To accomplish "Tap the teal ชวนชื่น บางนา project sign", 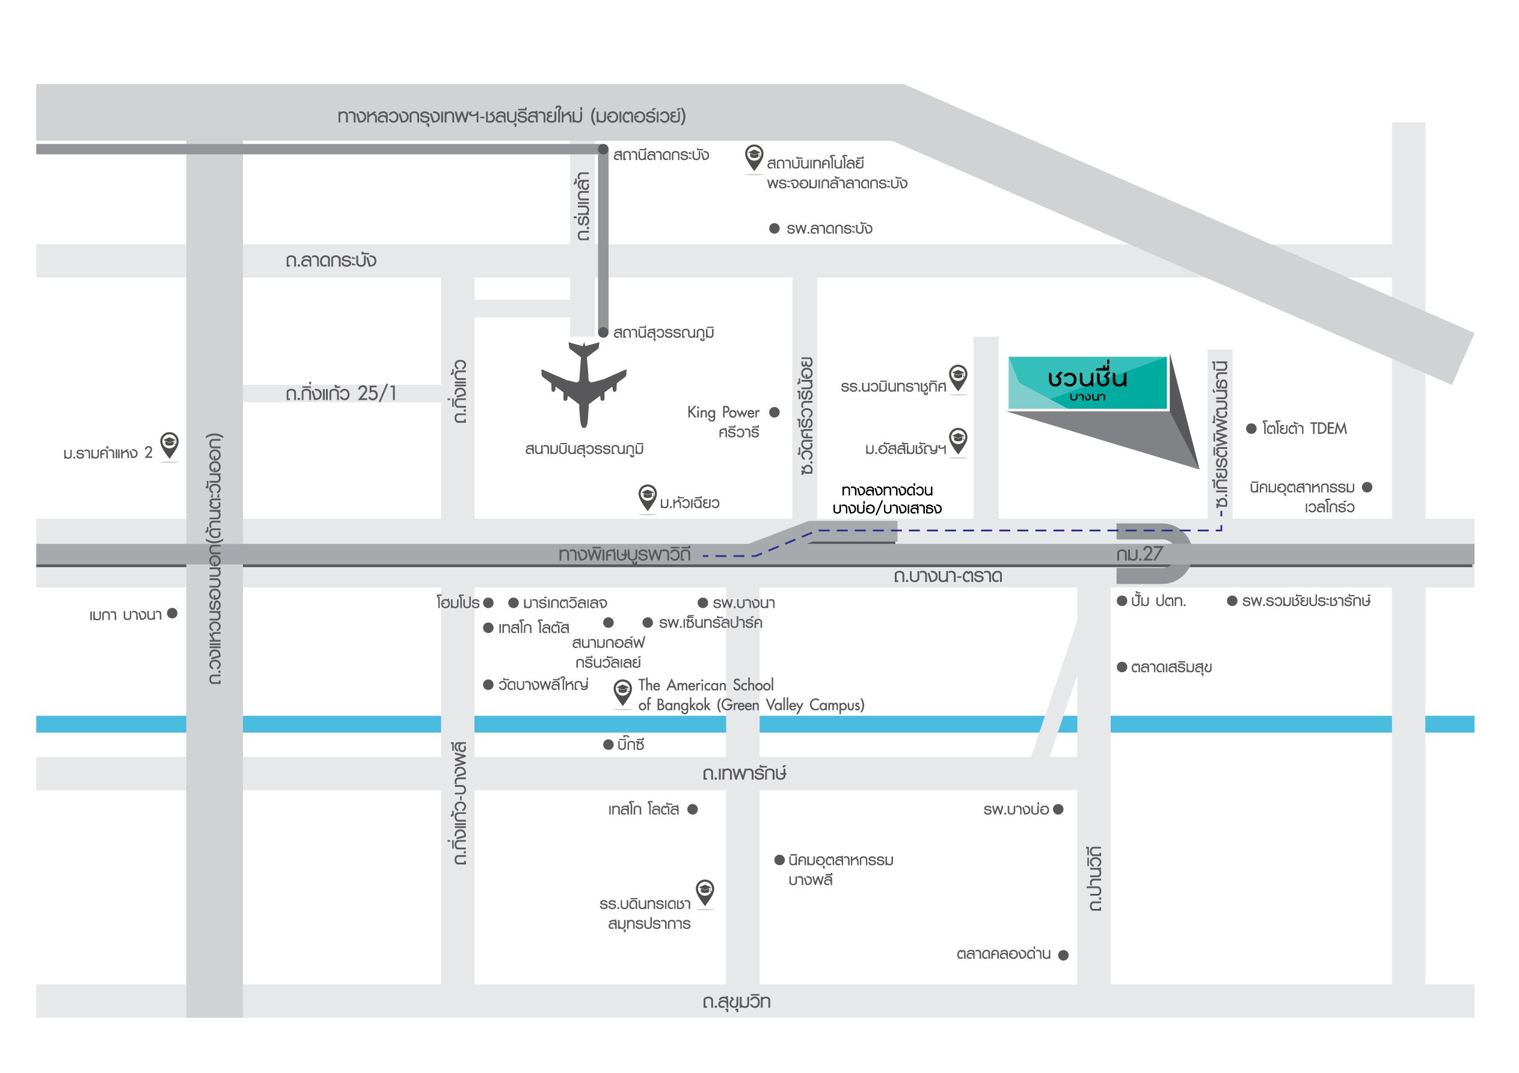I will pos(1087,383).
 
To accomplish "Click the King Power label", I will pos(723,413).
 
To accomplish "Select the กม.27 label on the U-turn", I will pos(1139,554).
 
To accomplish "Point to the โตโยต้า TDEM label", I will pos(1304,429).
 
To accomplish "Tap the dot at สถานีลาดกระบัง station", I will pos(603,150).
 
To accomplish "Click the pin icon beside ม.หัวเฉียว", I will pos(647,496).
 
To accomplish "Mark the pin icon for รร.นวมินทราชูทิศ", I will pos(958,377).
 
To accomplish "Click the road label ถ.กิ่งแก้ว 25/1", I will pos(341,394).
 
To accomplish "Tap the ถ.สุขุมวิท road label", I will pos(736,1001).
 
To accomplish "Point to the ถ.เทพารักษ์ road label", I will pos(744,772).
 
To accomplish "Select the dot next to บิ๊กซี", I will pos(609,745).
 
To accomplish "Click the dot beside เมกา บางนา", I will pos(173,614).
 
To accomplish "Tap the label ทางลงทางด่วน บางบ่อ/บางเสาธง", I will pos(887,500).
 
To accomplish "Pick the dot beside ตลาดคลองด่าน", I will pos(1064,955).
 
